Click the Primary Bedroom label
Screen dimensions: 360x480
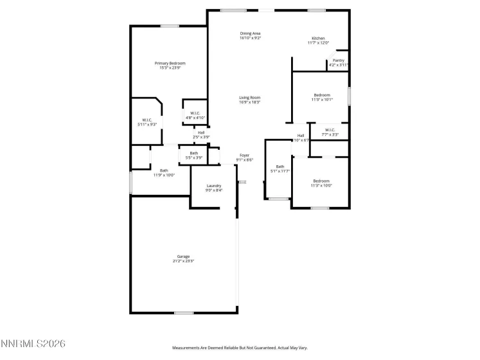(x=170, y=63)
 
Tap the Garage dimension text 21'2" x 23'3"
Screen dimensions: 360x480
(x=183, y=261)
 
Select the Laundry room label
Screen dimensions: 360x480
(x=214, y=186)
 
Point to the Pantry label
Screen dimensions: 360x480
(x=338, y=60)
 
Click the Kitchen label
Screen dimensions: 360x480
(x=318, y=38)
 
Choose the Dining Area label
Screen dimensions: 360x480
(x=250, y=33)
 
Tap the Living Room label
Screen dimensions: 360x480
(x=249, y=97)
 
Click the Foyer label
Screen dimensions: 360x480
(x=244, y=155)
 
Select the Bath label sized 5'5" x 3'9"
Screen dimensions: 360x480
(x=193, y=153)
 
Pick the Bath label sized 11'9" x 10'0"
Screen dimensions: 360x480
(x=164, y=170)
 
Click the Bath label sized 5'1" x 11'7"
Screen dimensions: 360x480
(x=280, y=166)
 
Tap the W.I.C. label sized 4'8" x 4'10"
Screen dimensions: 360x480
(x=195, y=114)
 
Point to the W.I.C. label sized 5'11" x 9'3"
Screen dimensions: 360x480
(x=147, y=120)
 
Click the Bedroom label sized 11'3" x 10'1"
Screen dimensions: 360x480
(x=321, y=95)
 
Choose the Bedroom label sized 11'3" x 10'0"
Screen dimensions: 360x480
(x=321, y=181)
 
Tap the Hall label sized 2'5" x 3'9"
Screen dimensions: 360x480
(x=201, y=132)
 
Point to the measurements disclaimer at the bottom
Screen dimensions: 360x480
(x=240, y=348)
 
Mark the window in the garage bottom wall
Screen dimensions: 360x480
(x=184, y=313)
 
